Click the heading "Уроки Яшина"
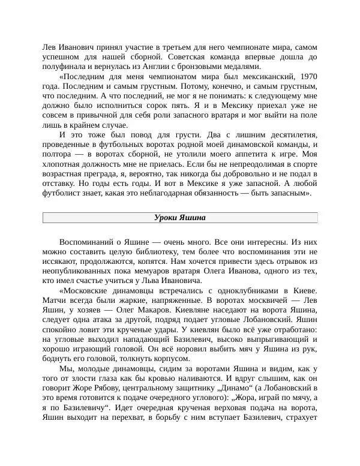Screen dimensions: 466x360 coord(179,218)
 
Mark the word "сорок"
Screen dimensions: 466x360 coord(157,104)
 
